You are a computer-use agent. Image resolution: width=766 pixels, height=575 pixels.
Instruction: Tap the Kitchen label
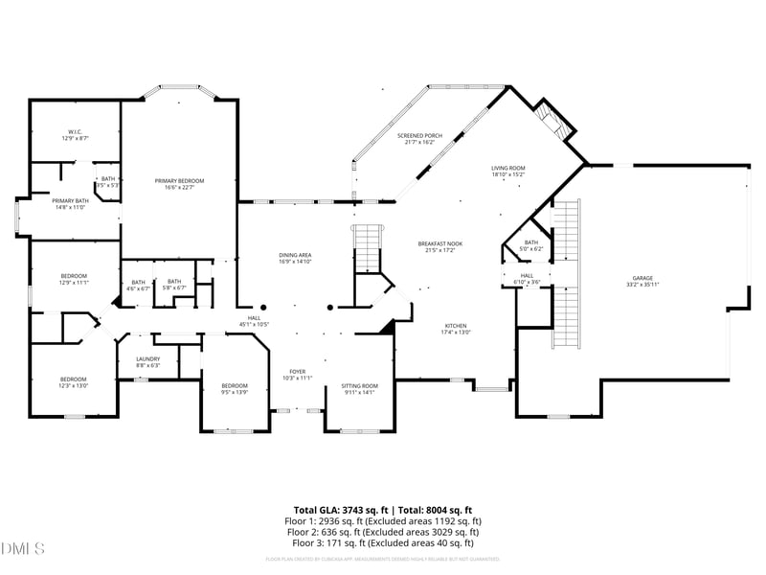[x=456, y=329]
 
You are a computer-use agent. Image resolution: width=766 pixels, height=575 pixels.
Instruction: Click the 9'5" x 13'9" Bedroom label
[x=235, y=388]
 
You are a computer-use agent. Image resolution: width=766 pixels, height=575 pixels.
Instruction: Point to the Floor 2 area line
[x=383, y=532]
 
